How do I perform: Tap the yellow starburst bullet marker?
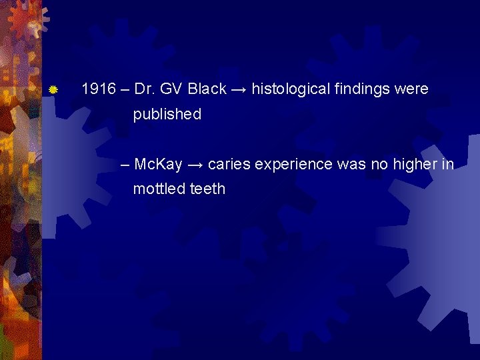tap(54, 89)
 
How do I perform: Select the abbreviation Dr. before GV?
tap(143, 89)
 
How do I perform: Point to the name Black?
tap(207, 89)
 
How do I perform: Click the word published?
tap(167, 115)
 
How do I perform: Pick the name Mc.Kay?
tap(158, 164)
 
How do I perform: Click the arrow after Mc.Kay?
tap(195, 164)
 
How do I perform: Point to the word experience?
tap(292, 164)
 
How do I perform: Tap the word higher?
tap(417, 164)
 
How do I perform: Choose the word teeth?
tap(207, 189)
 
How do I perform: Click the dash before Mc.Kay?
tap(126, 164)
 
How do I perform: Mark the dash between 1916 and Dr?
tap(125, 89)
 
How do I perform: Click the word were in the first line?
tap(411, 89)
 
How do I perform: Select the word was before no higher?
tap(351, 164)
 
